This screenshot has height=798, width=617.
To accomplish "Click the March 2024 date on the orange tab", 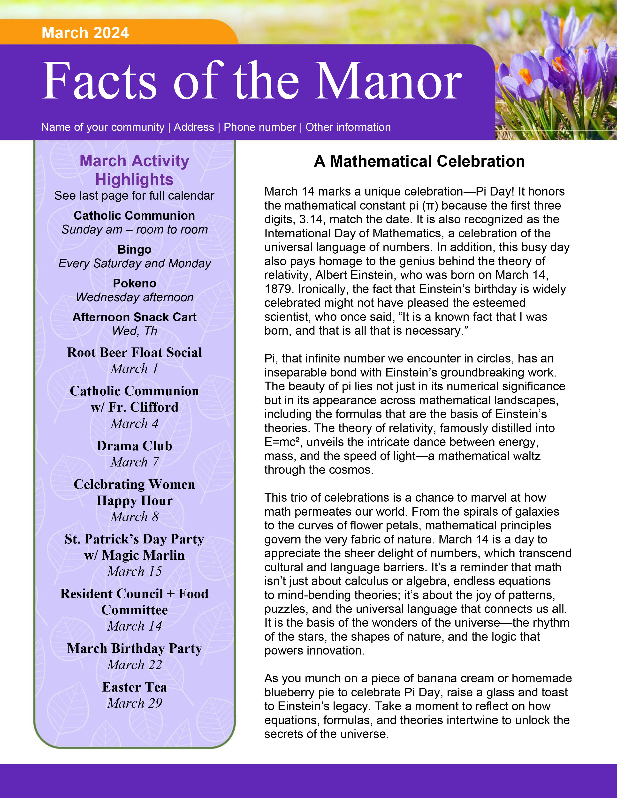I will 85,33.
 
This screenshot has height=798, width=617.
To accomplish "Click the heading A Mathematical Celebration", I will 419,161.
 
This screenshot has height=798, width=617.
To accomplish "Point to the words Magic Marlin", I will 143,555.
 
